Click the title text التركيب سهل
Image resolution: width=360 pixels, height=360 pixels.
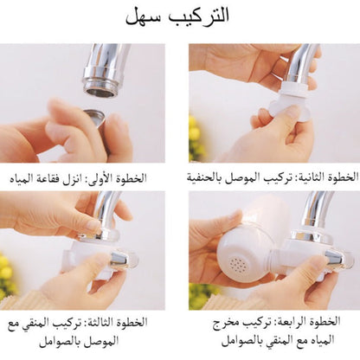tap(177, 16)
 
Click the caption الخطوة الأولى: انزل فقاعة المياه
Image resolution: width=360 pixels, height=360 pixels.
tap(78, 178)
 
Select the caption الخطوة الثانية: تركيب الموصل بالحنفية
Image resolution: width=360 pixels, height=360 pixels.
tap(273, 177)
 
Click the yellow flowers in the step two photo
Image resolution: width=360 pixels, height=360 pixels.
tap(196, 138)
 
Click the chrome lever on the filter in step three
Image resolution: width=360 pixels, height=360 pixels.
tap(119, 259)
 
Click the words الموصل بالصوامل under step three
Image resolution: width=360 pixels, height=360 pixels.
tap(79, 342)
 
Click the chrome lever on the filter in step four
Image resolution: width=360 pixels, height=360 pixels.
tap(334, 257)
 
